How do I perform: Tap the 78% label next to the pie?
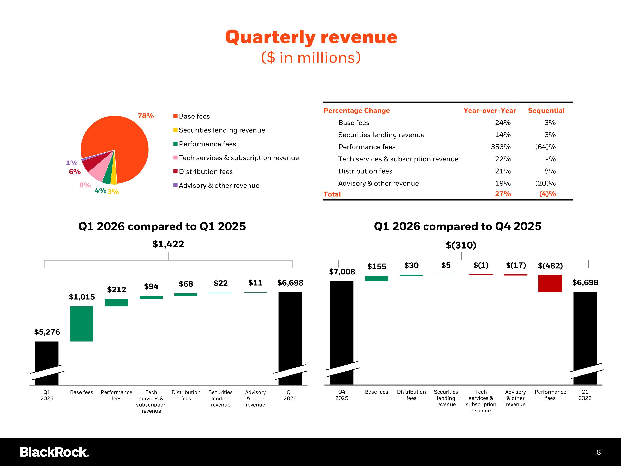146,116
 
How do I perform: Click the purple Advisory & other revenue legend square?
176,185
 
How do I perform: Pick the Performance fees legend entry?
207,144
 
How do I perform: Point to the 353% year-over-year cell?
501,147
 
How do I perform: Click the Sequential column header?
546,111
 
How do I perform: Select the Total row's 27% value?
503,194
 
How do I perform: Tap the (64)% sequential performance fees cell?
545,147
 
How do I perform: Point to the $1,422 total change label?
168,244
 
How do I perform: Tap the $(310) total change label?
461,245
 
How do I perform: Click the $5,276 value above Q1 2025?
47,332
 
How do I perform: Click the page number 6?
599,453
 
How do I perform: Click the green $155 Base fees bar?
377,278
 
